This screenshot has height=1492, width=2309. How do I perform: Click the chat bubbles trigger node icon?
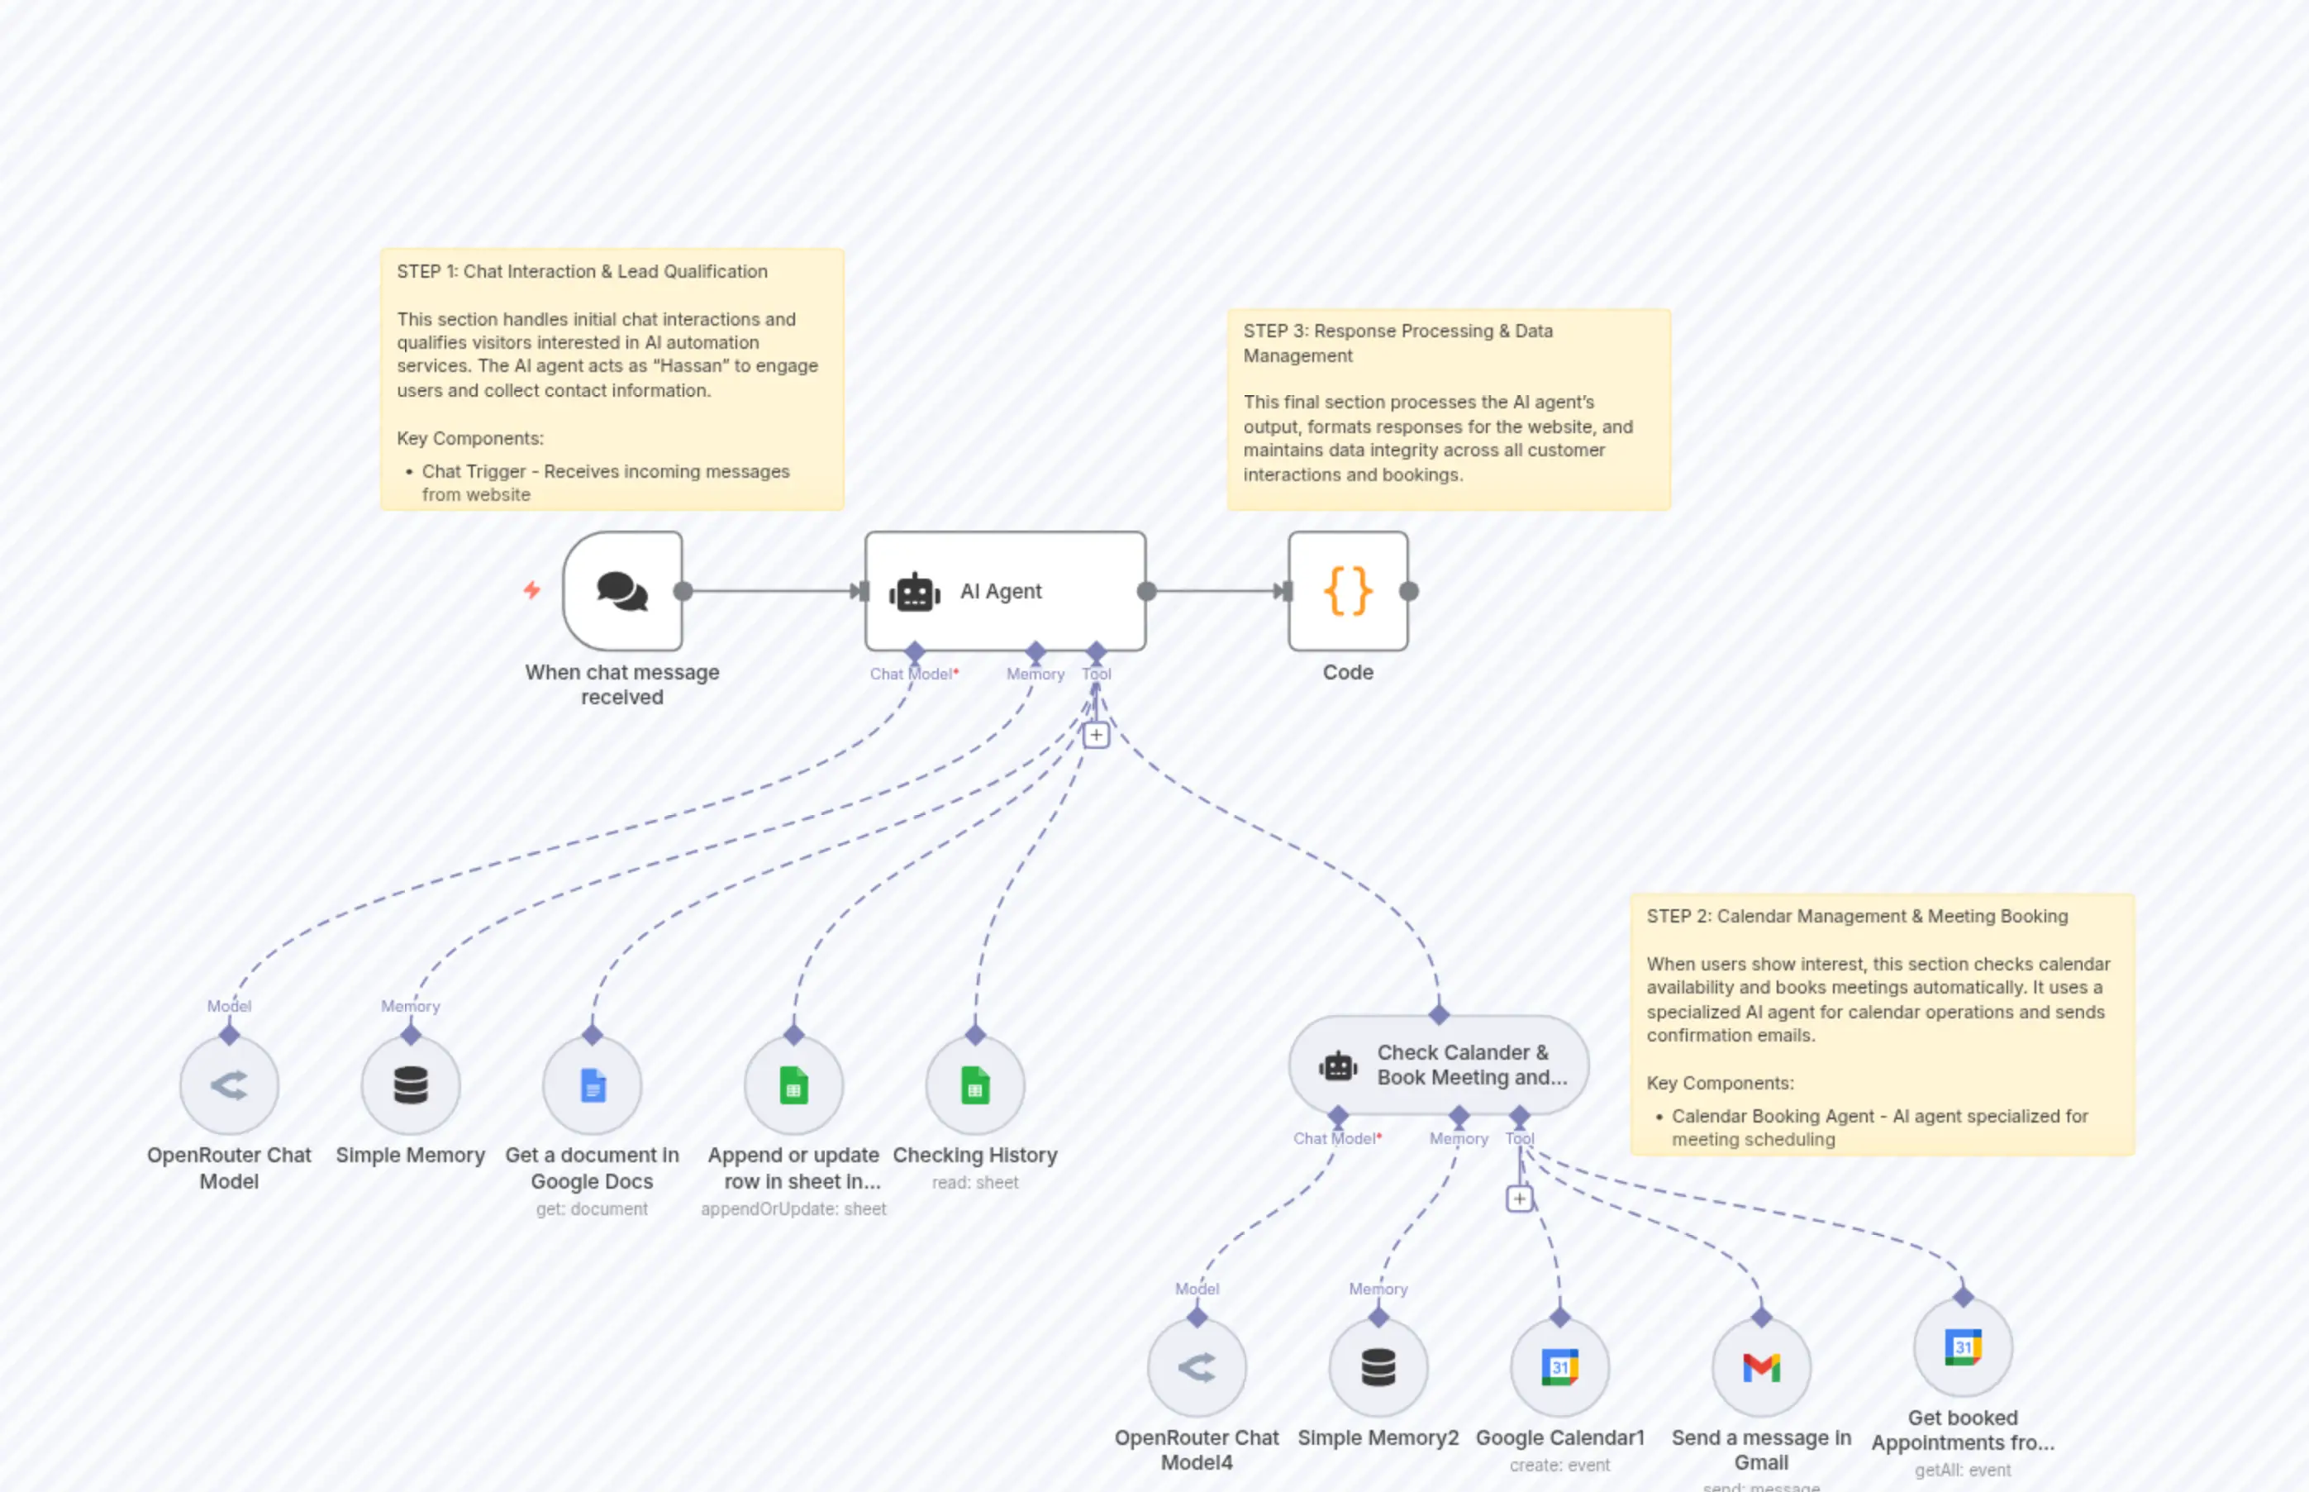click(621, 591)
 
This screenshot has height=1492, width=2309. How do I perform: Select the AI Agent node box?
click(1004, 591)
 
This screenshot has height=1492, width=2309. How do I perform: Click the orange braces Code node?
click(1347, 591)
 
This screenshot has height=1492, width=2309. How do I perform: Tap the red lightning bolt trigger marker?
click(531, 589)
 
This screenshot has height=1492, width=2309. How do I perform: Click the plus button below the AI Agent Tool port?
click(1096, 736)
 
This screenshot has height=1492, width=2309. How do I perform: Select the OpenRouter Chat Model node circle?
click(229, 1085)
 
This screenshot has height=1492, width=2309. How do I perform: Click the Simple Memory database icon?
click(411, 1085)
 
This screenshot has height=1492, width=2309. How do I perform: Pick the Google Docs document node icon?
click(592, 1085)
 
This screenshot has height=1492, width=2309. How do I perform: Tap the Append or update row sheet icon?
click(793, 1085)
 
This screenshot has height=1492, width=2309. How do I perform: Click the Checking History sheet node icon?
click(974, 1085)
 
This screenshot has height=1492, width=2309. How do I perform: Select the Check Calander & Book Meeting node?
click(1438, 1065)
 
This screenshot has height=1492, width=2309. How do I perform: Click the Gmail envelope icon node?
click(1761, 1367)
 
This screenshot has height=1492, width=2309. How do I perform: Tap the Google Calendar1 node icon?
click(1559, 1367)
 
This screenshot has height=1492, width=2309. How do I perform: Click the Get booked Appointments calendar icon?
click(1962, 1347)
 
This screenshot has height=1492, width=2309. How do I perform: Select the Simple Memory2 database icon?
click(1378, 1367)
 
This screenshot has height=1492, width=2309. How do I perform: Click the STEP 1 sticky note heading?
click(582, 271)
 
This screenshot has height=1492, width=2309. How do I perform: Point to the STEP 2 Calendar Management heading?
click(1857, 916)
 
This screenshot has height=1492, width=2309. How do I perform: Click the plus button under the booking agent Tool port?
click(1520, 1199)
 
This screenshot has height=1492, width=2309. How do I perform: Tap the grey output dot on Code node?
click(1409, 591)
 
